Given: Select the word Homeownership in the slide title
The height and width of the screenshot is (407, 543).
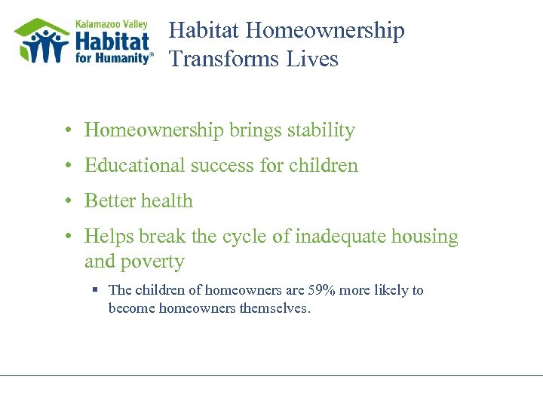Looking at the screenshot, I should (325, 31).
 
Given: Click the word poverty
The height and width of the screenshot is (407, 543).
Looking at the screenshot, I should (154, 262).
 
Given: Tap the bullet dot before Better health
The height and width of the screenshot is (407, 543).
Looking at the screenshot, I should (68, 201).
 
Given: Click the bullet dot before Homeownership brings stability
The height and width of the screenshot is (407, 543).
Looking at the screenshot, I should (68, 131).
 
